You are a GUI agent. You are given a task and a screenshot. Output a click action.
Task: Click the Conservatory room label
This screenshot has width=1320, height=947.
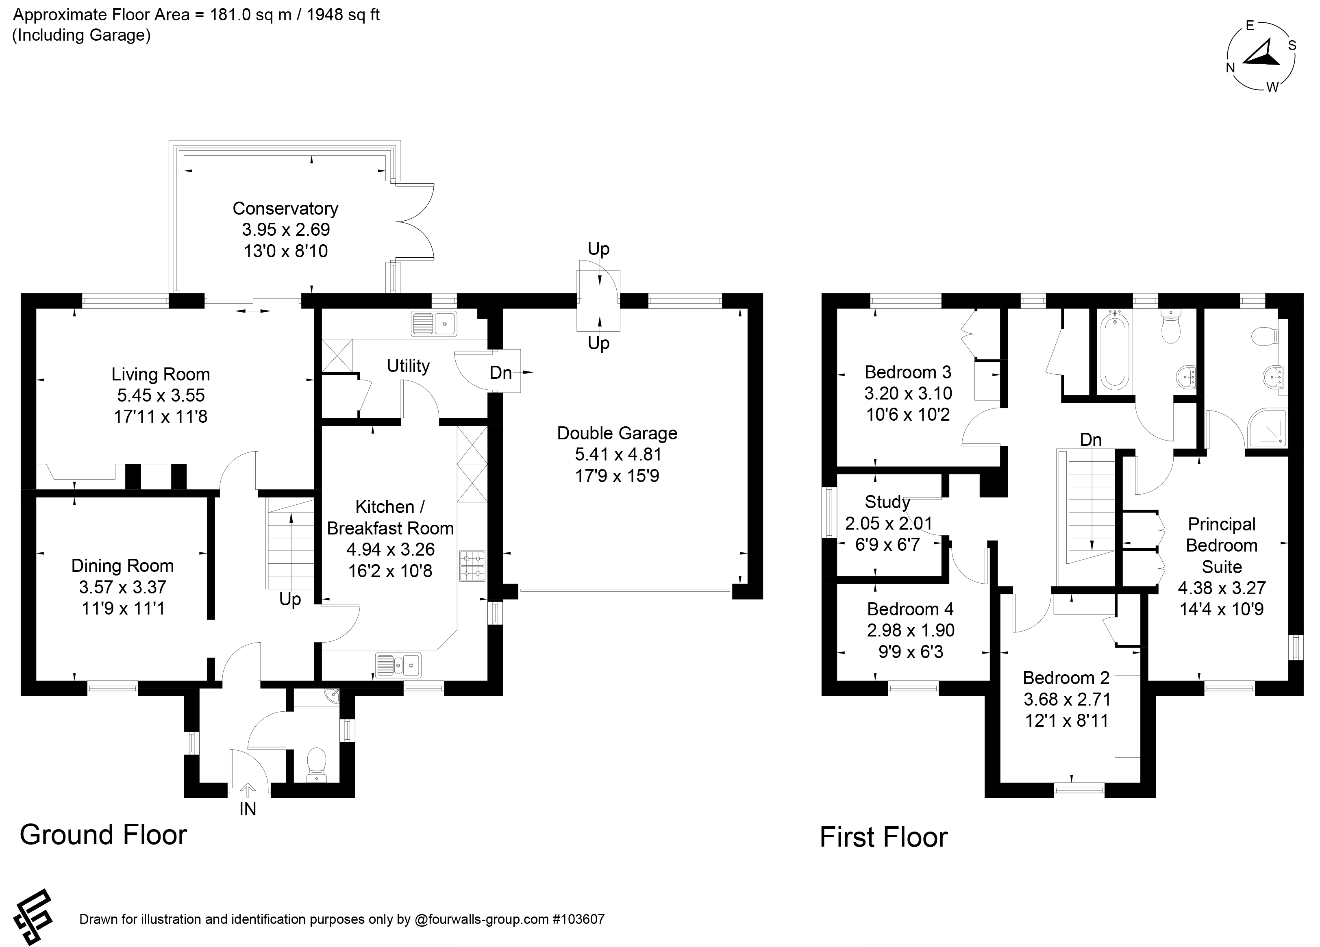(x=285, y=209)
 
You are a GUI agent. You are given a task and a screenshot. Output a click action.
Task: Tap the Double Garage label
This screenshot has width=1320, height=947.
(x=617, y=433)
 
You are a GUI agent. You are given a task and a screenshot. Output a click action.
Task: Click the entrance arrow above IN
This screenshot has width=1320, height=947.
(x=248, y=790)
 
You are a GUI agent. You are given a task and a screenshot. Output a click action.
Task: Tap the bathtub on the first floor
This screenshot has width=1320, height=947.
(x=1113, y=349)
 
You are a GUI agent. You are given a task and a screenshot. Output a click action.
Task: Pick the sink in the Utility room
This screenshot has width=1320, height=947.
(x=434, y=324)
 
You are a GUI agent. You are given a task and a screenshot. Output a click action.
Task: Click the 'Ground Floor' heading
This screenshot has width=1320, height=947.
(x=104, y=835)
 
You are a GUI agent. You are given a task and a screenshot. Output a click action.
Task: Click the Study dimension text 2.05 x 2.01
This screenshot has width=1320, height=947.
(x=889, y=523)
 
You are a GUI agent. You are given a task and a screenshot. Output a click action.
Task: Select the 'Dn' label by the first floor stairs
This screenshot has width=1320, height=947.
(x=1091, y=440)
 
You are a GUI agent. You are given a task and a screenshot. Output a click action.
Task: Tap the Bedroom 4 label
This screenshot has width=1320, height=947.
(x=910, y=609)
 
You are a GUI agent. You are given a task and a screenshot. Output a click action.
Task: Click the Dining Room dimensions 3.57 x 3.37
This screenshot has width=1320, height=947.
(x=123, y=587)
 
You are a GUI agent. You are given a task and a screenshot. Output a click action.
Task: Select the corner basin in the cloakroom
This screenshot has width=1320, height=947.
(x=332, y=695)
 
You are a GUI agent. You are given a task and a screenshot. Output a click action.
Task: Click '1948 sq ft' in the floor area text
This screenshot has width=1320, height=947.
(x=344, y=15)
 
